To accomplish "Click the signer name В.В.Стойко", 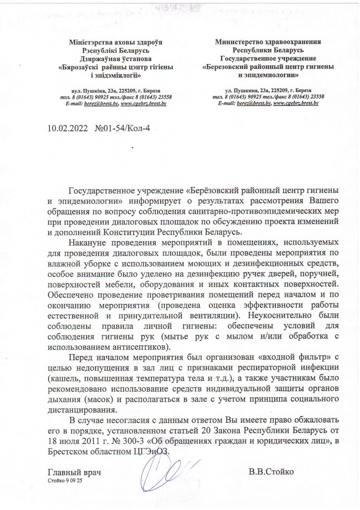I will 271,473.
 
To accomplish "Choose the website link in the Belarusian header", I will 143,103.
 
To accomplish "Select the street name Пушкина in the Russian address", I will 242,91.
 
